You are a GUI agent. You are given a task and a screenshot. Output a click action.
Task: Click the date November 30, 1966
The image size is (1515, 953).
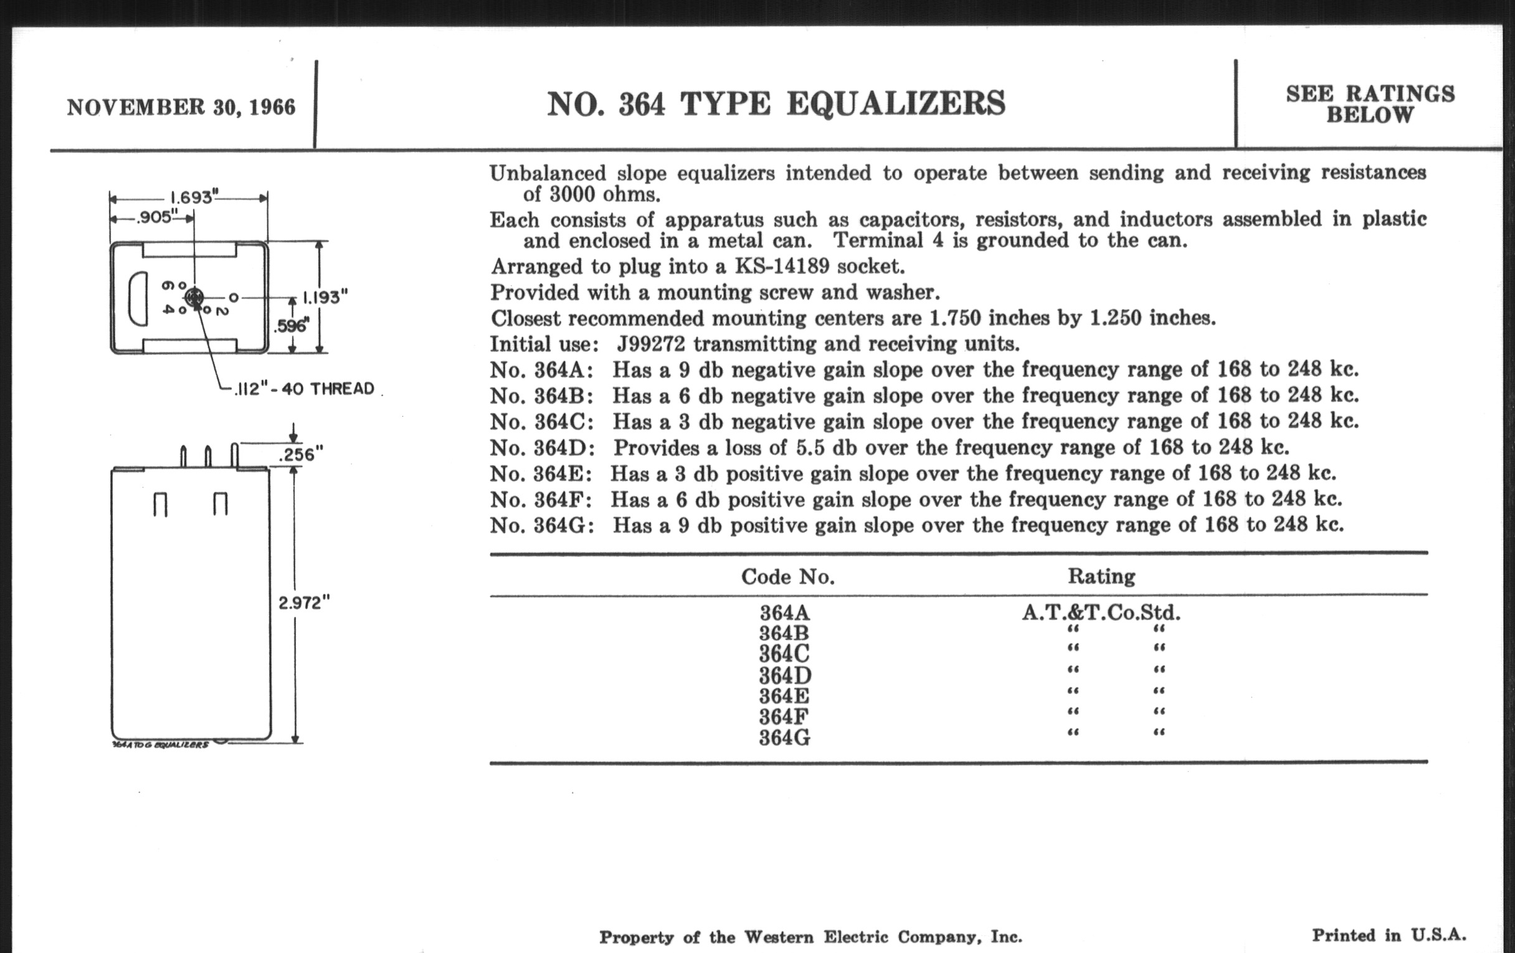[181, 107]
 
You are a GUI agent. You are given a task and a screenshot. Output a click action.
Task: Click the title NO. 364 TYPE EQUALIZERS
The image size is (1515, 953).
[776, 104]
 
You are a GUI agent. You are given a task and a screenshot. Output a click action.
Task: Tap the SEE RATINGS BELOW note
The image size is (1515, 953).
[1370, 105]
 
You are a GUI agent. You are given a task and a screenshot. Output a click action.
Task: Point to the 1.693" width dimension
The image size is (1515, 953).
[191, 197]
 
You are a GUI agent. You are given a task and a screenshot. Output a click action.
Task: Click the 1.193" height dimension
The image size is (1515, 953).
[325, 297]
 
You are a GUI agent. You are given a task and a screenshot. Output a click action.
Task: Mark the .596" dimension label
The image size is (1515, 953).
[292, 326]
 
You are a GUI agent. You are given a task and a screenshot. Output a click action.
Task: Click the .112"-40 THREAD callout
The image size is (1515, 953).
[305, 389]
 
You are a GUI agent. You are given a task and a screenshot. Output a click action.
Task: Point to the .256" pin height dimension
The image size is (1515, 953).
[300, 454]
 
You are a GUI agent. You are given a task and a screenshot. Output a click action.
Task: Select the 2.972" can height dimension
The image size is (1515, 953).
[303, 602]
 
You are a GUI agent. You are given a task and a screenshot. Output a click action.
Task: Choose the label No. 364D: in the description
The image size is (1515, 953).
[542, 448]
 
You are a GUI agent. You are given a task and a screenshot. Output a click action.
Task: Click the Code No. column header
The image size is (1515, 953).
[787, 576]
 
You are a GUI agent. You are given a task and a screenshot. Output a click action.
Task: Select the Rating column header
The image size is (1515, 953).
[1101, 576]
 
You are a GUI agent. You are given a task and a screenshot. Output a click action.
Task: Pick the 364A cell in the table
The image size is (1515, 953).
[784, 612]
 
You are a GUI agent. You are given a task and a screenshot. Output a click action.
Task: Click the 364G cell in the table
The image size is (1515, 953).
[784, 737]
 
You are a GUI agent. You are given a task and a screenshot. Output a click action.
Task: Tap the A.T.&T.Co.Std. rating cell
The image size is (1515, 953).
[1100, 612]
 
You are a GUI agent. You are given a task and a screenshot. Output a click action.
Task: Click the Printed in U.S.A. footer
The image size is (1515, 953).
[1389, 936]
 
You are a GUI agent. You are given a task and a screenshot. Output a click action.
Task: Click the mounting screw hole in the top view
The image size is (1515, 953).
[194, 297]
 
